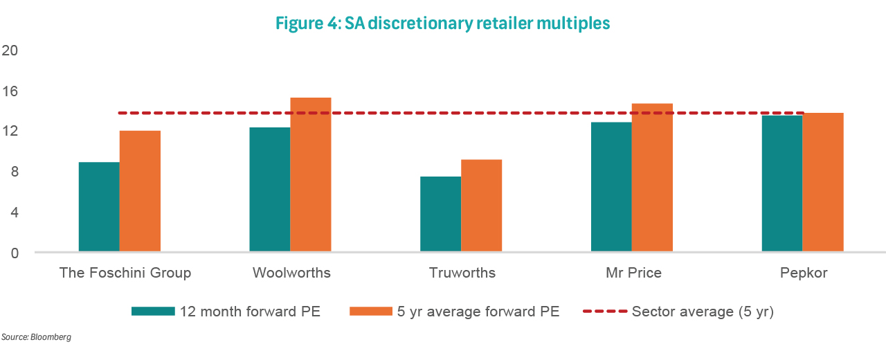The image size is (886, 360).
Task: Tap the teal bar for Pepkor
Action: pyautogui.click(x=782, y=183)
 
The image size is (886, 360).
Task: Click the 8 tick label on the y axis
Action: pyautogui.click(x=14, y=172)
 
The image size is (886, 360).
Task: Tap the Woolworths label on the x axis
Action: pyautogui.click(x=291, y=273)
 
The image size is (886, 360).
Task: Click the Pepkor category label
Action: pyautogui.click(x=803, y=273)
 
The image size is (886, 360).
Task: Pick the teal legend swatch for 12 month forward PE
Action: pyautogui.click(x=152, y=312)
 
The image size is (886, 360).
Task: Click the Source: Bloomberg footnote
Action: pyautogui.click(x=37, y=337)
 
